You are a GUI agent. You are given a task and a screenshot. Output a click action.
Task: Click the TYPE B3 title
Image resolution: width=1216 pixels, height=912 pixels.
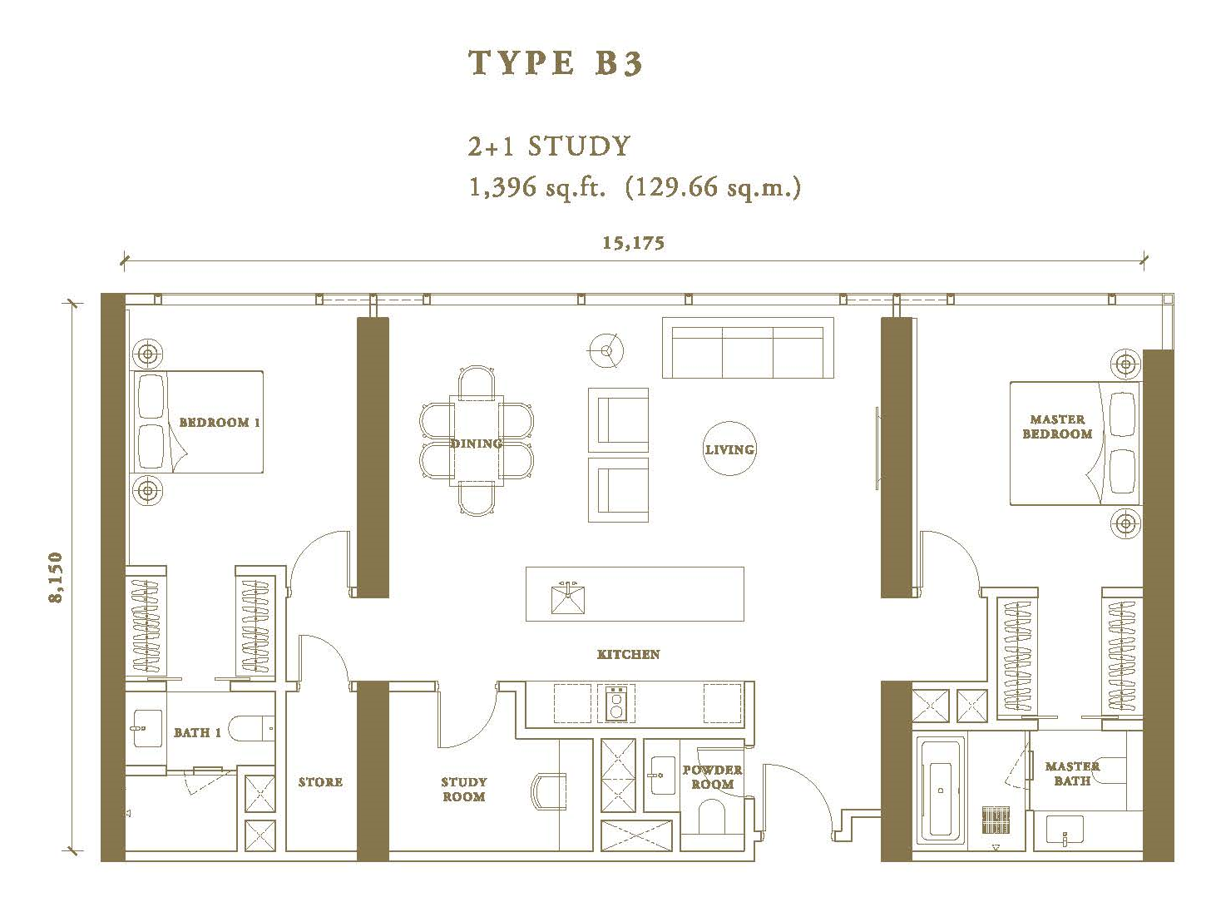pos(556,62)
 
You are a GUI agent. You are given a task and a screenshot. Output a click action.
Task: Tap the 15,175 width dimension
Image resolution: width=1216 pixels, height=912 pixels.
pos(633,243)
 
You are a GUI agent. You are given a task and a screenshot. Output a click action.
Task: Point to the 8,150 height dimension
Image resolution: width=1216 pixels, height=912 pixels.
pos(56,577)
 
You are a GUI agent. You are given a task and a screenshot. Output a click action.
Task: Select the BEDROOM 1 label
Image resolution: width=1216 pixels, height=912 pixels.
pos(220,423)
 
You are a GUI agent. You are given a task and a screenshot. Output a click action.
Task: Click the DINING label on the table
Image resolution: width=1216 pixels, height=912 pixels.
pos(477,444)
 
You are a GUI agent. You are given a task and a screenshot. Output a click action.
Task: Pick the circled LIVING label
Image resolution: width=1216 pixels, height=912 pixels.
pos(729,449)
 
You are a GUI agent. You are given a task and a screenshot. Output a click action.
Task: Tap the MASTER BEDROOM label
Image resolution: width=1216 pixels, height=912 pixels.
pos(1057,427)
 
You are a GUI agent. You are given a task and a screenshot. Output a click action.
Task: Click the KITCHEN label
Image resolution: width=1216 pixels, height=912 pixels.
pos(628,654)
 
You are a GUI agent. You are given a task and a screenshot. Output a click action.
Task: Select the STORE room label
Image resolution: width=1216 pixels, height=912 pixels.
pos(320,782)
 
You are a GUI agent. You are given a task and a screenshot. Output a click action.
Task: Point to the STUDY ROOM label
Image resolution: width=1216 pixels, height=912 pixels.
pos(463,789)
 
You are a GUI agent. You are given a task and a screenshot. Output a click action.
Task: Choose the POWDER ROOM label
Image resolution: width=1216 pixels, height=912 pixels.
pos(713,777)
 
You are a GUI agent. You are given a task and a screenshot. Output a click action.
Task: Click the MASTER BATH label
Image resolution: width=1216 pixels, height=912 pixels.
pos(1072,774)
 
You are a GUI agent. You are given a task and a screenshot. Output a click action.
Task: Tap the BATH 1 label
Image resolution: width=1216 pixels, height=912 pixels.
pos(197,732)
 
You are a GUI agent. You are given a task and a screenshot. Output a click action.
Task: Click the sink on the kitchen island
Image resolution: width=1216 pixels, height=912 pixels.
pos(568,597)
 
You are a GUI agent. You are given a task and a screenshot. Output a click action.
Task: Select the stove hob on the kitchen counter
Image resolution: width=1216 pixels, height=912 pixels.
pos(616,702)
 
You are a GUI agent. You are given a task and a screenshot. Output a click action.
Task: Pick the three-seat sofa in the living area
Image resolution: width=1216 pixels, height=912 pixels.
pos(748,348)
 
